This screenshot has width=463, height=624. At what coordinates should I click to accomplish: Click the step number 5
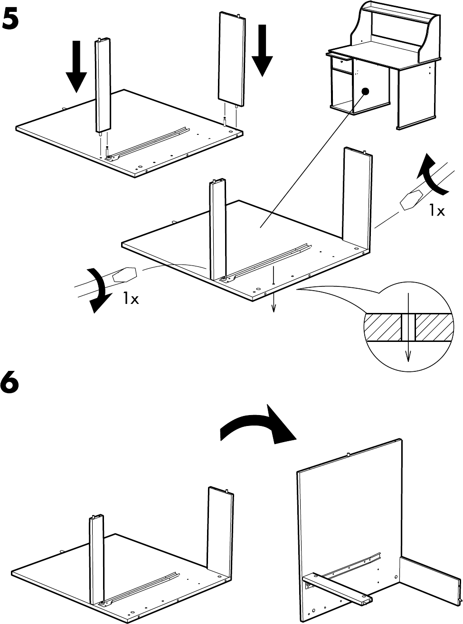click(11, 20)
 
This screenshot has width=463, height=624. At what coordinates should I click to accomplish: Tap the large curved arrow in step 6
click(259, 425)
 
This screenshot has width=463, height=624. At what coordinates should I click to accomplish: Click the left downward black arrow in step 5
click(76, 69)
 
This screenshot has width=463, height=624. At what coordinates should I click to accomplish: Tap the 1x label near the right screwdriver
click(436, 210)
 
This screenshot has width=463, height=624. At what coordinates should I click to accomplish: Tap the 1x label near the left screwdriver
click(130, 298)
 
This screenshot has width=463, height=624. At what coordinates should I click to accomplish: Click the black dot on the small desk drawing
click(365, 91)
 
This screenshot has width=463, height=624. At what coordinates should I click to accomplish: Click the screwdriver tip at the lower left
click(125, 274)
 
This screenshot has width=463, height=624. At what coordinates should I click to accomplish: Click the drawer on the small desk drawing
click(340, 63)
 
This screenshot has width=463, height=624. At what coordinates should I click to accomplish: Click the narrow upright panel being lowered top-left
click(104, 85)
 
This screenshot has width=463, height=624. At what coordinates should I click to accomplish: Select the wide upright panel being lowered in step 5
click(232, 60)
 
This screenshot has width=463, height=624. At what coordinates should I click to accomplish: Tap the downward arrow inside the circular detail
click(408, 341)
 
